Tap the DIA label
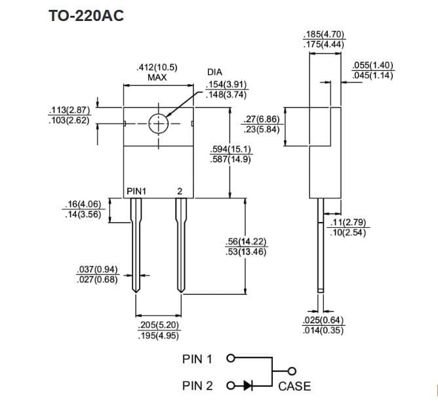(214, 72)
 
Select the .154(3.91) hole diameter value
(226, 85)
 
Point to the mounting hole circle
(158, 123)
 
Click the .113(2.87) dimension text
(69, 111)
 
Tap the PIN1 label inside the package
(136, 191)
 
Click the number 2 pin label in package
(179, 191)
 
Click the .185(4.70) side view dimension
(325, 35)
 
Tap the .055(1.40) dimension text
(372, 66)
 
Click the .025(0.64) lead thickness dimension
(324, 321)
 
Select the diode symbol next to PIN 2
(247, 386)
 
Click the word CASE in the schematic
(294, 386)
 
